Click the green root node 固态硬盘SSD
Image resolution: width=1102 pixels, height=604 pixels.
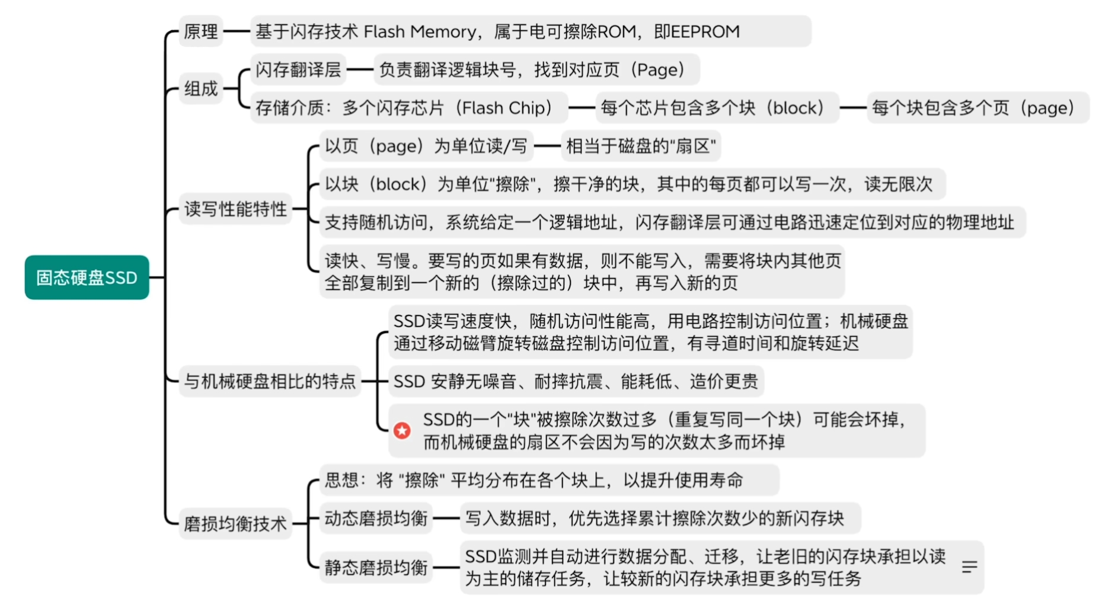pyautogui.click(x=87, y=277)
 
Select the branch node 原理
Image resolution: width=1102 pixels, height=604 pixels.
pyautogui.click(x=201, y=31)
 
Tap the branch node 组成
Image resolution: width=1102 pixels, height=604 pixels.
pyautogui.click(x=201, y=89)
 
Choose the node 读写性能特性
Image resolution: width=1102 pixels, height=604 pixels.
pyautogui.click(x=235, y=209)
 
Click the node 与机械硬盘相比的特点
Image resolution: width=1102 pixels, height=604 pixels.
pyautogui.click(x=270, y=381)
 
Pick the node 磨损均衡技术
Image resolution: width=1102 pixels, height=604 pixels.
pyautogui.click(x=235, y=523)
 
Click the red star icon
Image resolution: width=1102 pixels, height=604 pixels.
pyautogui.click(x=402, y=431)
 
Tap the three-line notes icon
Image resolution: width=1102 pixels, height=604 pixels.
pyautogui.click(x=969, y=567)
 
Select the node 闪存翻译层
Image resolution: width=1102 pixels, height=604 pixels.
pyautogui.click(x=298, y=70)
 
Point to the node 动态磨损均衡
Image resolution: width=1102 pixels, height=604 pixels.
pyautogui.click(x=376, y=519)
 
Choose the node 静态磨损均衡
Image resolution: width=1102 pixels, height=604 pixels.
pyautogui.click(x=376, y=568)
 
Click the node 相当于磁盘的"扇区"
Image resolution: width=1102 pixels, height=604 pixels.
pyautogui.click(x=641, y=146)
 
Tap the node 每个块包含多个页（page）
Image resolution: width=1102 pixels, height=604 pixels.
pyautogui.click(x=978, y=108)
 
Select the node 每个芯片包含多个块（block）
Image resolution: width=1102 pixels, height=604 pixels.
pyautogui.click(x=717, y=108)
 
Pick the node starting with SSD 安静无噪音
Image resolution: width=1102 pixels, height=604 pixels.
pyautogui.click(x=576, y=381)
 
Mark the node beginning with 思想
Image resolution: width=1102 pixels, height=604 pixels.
pyautogui.click(x=549, y=480)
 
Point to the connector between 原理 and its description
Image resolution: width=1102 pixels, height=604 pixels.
pyautogui.click(x=237, y=31)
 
